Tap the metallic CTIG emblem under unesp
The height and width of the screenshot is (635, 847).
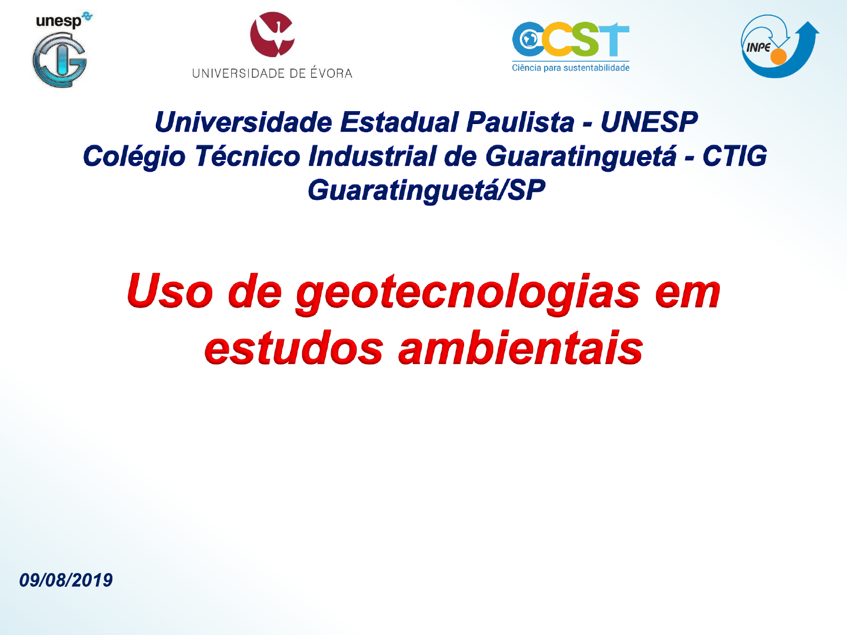[x=60, y=60]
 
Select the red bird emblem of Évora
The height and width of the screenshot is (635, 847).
[x=272, y=34]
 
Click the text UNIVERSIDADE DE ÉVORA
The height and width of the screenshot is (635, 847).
[x=272, y=73]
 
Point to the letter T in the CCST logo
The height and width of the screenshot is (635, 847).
[x=613, y=39]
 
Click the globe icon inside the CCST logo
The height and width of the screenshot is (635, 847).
[x=528, y=39]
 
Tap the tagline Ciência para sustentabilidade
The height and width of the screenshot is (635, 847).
[x=571, y=68]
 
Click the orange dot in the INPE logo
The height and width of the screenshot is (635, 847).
[x=778, y=56]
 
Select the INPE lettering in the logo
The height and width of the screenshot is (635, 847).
[x=758, y=48]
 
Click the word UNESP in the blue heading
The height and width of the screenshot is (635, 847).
[x=649, y=122]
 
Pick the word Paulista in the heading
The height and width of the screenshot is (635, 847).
[x=521, y=122]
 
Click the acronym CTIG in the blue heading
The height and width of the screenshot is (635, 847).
[x=735, y=156]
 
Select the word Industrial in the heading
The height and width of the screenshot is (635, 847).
[x=372, y=156]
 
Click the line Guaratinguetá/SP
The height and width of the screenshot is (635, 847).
[x=426, y=191]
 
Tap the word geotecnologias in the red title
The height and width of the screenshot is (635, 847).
[x=468, y=293]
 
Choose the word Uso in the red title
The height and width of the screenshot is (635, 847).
[x=170, y=290]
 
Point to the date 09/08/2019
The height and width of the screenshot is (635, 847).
[x=66, y=580]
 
